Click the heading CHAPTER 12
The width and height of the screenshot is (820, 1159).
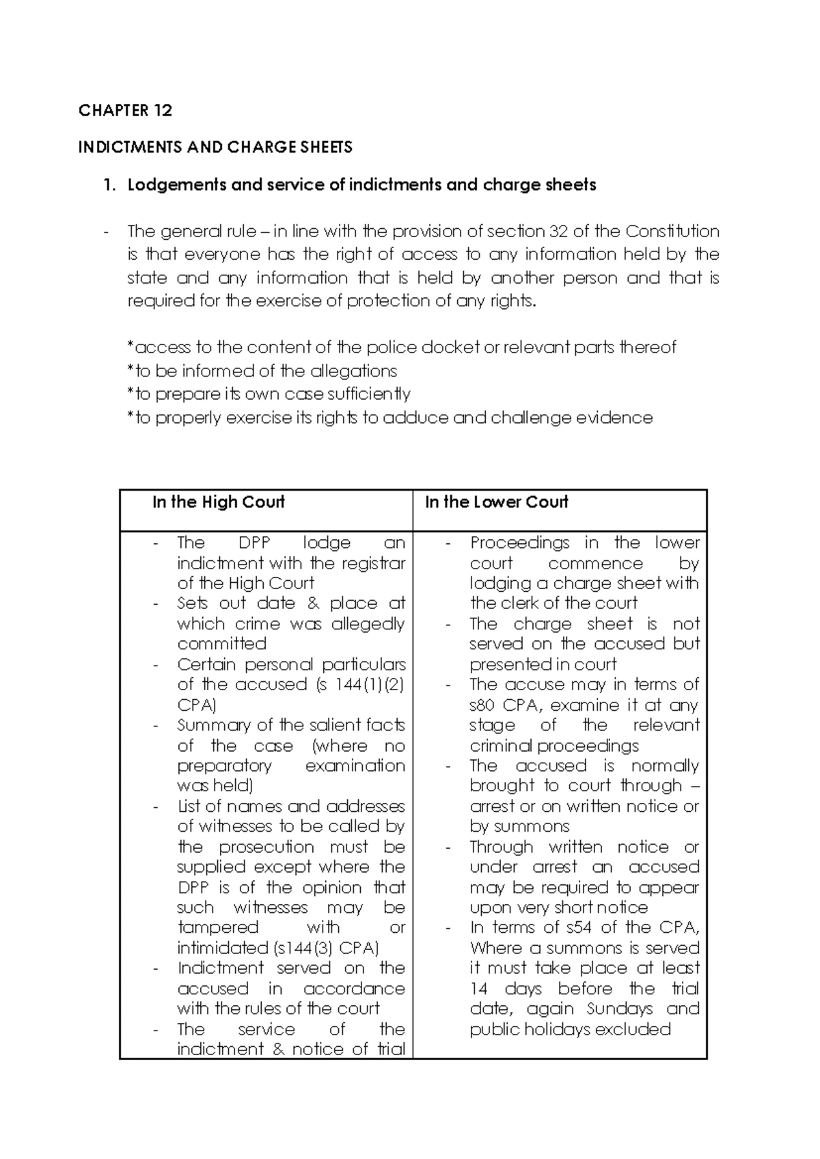tap(125, 111)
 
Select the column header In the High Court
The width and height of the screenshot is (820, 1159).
tap(218, 502)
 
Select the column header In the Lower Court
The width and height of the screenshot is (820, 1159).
tap(496, 502)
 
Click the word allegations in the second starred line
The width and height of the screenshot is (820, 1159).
tap(353, 371)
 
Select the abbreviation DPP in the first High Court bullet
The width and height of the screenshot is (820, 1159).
tap(254, 543)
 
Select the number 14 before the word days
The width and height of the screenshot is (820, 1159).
tap(478, 989)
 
